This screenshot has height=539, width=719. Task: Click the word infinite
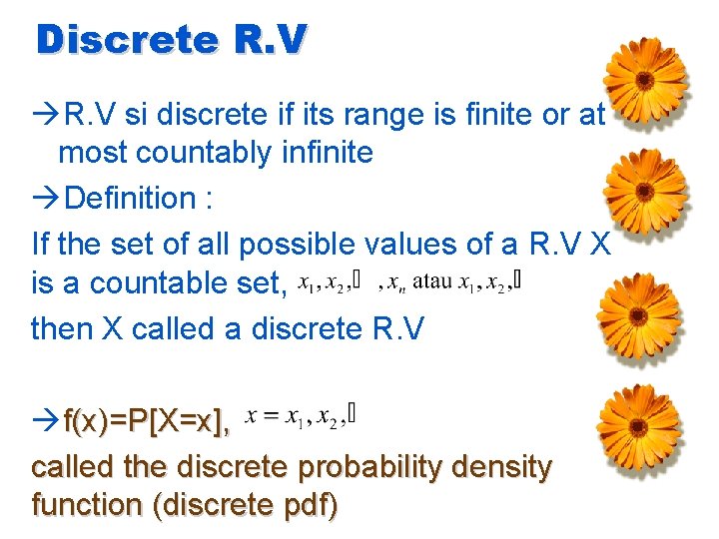326,153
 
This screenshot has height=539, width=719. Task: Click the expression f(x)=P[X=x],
146,422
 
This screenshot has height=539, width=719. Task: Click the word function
86,505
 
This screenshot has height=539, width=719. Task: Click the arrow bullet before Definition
46,199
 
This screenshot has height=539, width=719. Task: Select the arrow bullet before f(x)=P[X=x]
46,423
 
